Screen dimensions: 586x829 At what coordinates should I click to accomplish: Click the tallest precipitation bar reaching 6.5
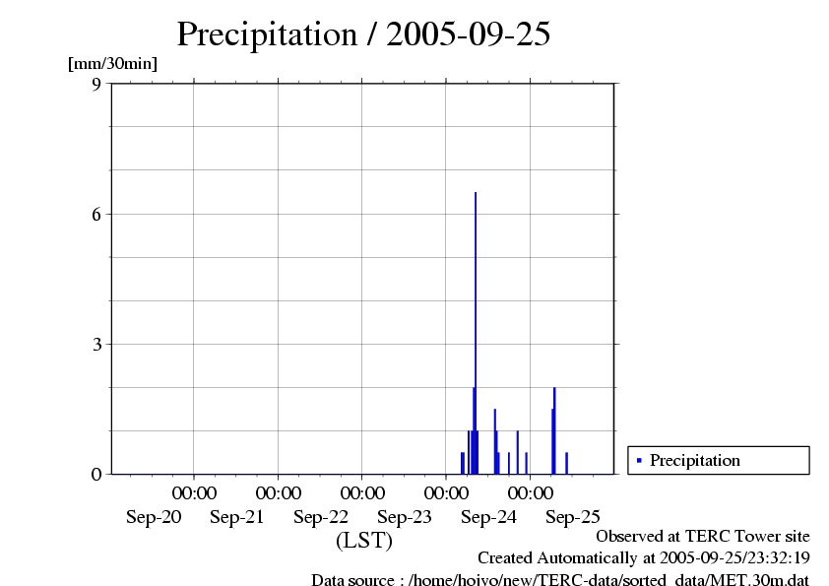pos(476,335)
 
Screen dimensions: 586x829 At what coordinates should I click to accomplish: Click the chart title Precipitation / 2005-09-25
pos(363,34)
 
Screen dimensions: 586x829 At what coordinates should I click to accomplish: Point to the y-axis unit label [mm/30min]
pos(112,64)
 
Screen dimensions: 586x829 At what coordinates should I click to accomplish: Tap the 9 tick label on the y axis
pos(96,84)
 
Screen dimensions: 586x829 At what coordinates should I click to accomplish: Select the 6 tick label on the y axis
pos(96,214)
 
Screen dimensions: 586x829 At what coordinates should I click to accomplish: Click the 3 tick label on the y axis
pos(96,344)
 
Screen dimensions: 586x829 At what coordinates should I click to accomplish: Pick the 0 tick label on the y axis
pos(96,474)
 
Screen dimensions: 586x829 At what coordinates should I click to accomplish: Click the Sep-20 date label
pos(154,516)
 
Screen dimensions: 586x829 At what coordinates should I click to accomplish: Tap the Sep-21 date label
pos(237,516)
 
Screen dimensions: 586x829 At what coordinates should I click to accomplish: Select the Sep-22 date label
pos(321,516)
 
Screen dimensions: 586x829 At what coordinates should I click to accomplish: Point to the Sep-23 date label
pos(405,516)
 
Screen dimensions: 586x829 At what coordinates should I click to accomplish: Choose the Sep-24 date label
pos(488,516)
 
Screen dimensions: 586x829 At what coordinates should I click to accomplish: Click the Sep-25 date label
pos(572,516)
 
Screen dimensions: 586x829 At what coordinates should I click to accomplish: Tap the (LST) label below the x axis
pos(364,541)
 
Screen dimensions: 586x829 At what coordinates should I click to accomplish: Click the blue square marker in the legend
pos(639,460)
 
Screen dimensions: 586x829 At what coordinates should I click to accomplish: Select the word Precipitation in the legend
pos(695,460)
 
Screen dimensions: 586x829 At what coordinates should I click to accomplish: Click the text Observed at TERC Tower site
pos(703,537)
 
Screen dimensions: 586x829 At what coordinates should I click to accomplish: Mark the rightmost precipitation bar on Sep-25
pos(567,463)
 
